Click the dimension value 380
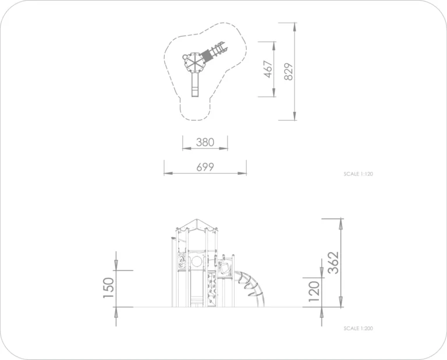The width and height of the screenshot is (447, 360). tap(205, 142)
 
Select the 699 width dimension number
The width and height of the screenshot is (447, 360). tap(205, 167)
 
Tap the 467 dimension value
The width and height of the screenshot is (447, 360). tap(268, 69)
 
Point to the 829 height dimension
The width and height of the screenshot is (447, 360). tap(289, 72)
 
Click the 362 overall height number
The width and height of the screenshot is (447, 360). tap(334, 263)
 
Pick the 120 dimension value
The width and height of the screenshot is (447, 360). tap(314, 291)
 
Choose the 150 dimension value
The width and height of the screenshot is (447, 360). tap(108, 288)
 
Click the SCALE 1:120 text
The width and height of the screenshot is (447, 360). tap(358, 174)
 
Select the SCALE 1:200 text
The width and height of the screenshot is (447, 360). tap(358, 329)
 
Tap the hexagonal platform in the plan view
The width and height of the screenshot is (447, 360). tap(193, 62)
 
